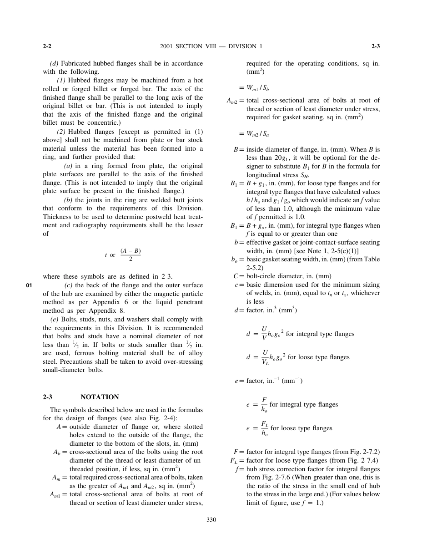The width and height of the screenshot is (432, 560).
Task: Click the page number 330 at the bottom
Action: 211,520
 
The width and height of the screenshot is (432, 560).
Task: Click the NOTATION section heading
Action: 100,397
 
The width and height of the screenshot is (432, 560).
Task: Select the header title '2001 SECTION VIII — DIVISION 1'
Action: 211,46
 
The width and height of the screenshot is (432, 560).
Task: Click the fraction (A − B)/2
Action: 131,255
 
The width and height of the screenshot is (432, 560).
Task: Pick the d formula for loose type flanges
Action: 298,357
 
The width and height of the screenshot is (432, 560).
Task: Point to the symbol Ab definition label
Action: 57,453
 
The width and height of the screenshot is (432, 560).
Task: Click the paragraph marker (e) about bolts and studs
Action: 54,320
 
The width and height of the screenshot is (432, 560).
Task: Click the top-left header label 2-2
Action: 47,46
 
